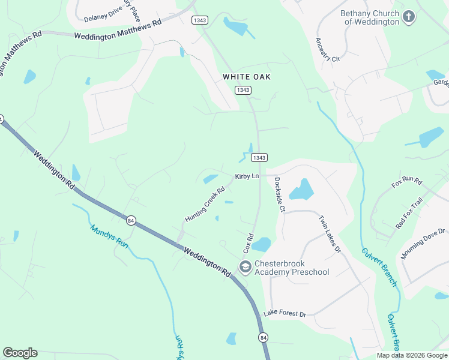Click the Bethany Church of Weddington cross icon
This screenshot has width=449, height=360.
click(x=409, y=16)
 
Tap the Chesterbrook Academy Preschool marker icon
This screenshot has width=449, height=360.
click(x=245, y=267)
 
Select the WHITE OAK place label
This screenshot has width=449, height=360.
click(x=247, y=77)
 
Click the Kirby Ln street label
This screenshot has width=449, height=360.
click(x=247, y=176)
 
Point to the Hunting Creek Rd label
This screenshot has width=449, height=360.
click(x=205, y=205)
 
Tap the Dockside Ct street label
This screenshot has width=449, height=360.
click(x=279, y=194)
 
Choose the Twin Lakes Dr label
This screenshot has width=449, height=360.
click(x=330, y=233)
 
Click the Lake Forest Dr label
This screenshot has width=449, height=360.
click(x=285, y=314)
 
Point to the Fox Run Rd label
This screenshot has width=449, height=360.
click(x=407, y=182)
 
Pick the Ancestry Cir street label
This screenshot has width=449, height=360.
click(x=327, y=50)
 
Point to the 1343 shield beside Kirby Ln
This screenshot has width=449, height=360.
click(x=259, y=157)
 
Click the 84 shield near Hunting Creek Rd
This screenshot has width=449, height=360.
click(x=131, y=221)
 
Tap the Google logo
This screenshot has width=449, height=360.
click(x=20, y=353)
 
